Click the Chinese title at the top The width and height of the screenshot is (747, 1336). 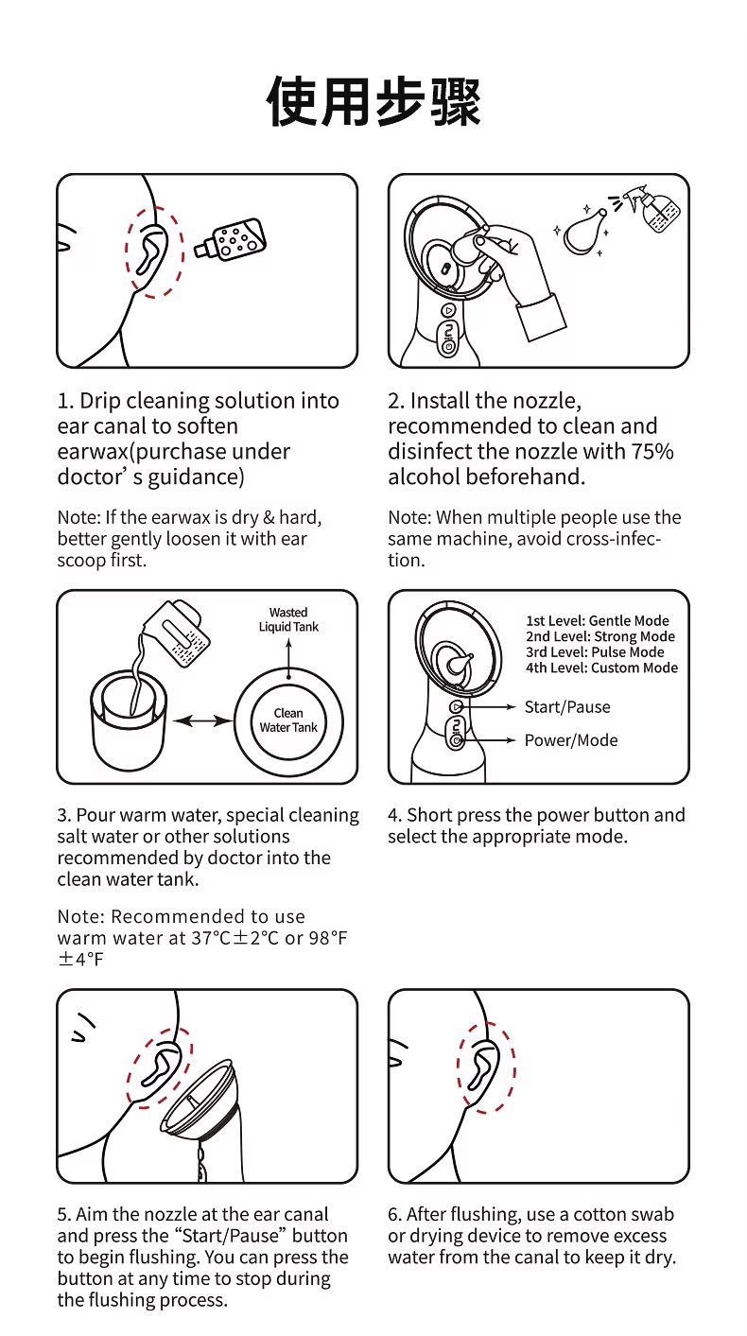(x=373, y=101)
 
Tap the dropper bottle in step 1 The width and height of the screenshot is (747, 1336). (x=231, y=240)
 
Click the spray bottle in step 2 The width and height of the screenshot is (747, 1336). (x=651, y=209)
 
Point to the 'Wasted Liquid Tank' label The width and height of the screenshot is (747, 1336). (x=288, y=619)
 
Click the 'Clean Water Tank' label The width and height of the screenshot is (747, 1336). (x=288, y=720)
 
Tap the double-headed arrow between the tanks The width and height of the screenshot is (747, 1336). (x=203, y=721)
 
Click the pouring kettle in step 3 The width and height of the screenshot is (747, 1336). (x=177, y=633)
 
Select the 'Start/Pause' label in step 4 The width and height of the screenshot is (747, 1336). (x=567, y=707)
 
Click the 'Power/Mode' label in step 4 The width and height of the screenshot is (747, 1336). (x=571, y=740)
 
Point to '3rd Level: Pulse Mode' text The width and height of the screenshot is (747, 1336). (x=595, y=651)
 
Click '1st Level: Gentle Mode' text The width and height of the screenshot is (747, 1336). (x=598, y=621)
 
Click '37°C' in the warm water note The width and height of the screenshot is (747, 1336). (x=211, y=938)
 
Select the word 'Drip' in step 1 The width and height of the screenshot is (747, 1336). (x=99, y=402)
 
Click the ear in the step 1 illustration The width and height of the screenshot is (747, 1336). (x=150, y=251)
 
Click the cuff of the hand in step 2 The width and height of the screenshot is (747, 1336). (x=541, y=317)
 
